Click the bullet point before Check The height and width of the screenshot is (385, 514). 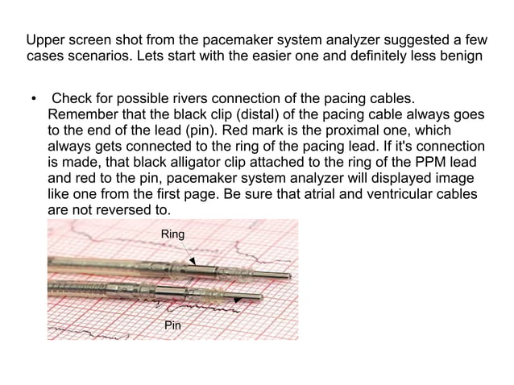pos(33,100)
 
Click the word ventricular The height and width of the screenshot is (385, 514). pos(379,193)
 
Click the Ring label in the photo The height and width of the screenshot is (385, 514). pos(173,234)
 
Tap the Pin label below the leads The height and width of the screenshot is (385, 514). pos(172,325)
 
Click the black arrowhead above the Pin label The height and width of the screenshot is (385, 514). pos(238,299)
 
